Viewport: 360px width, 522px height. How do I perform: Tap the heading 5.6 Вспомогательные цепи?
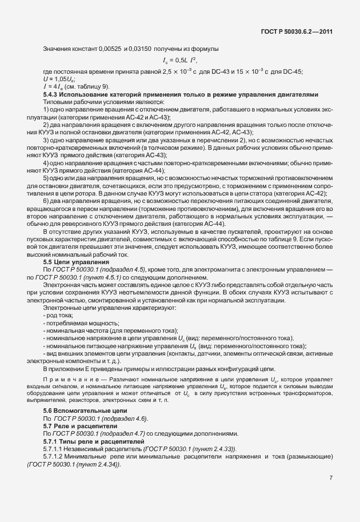pyautogui.click(x=85, y=411)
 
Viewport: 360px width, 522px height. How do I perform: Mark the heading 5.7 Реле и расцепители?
pyautogui.click(x=81, y=426)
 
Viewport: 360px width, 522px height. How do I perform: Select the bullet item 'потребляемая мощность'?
pyautogui.click(x=77, y=323)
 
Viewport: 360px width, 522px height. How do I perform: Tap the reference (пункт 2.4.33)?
pyautogui.click(x=208, y=448)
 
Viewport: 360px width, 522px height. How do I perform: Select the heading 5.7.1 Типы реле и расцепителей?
pyautogui.click(x=91, y=441)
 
